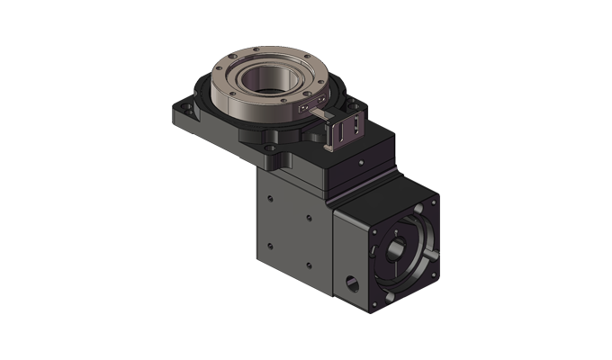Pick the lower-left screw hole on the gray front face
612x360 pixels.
[x=270, y=246]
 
